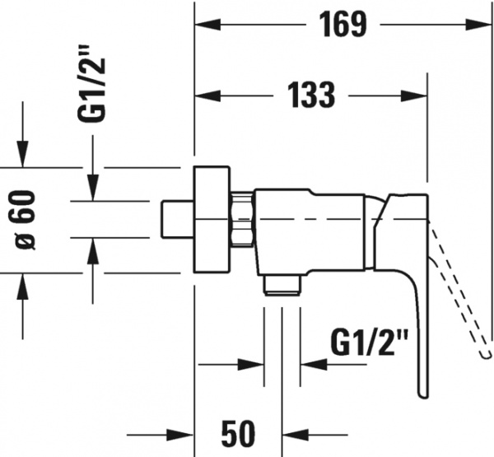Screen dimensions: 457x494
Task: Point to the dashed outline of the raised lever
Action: point(457,288)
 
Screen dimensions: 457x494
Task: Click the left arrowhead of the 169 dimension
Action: point(203,25)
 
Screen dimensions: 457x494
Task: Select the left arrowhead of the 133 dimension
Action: point(203,96)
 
